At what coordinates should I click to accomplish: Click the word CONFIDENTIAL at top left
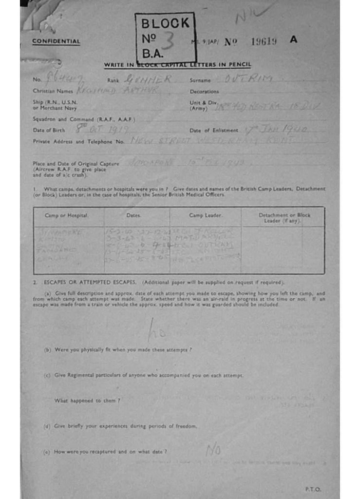pyautogui.click(x=56, y=41)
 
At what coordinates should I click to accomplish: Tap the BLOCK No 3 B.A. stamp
pyautogui.click(x=165, y=38)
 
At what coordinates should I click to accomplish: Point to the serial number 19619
pyautogui.click(x=264, y=41)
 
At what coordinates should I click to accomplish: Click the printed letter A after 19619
pyautogui.click(x=293, y=40)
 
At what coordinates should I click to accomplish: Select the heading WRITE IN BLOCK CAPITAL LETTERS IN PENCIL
pyautogui.click(x=177, y=65)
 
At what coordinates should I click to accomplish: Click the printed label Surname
pyautogui.click(x=200, y=80)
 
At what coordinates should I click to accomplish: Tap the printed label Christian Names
pyautogui.click(x=53, y=91)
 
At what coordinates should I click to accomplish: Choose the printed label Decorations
pyautogui.click(x=204, y=91)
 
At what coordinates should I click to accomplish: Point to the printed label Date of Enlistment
pyautogui.click(x=213, y=130)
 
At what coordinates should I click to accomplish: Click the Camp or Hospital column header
pyautogui.click(x=70, y=215)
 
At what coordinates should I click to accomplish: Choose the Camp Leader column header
pyautogui.click(x=206, y=215)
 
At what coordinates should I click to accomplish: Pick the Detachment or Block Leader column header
pyautogui.click(x=284, y=217)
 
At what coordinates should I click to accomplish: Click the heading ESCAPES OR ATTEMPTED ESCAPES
pyautogui.click(x=92, y=283)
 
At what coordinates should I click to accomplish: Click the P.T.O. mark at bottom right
pyautogui.click(x=313, y=489)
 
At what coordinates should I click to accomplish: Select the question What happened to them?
pyautogui.click(x=87, y=400)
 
